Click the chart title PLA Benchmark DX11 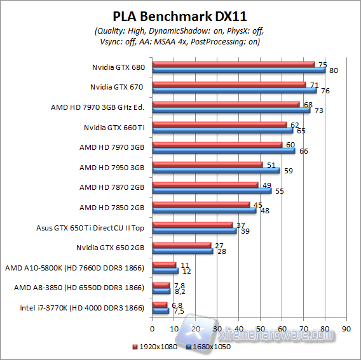pos(180,16)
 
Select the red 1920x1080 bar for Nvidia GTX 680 pos(233,64)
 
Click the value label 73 pos(321,110)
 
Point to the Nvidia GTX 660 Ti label pos(114,128)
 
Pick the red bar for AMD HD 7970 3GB pos(217,145)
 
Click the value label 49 pos(268,185)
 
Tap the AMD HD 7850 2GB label pos(112,208)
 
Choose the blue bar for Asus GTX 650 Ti pos(194,231)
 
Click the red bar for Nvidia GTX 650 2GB pos(181,245)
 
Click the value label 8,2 pos(180,292)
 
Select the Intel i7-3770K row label pos(78,309)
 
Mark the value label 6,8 pos(178,305)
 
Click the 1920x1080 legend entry pos(156,347)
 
